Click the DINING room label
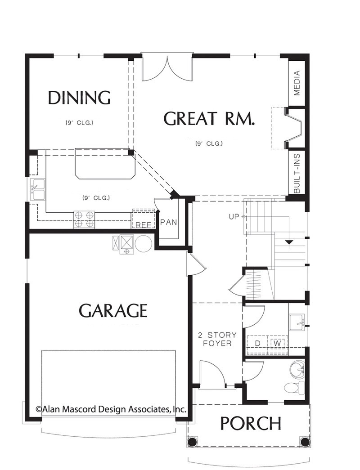pos(79,98)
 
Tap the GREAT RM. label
pos(209,118)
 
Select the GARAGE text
pos(113,310)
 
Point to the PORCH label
pos(251,423)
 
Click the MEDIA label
pos(297,83)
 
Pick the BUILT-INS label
pos(297,173)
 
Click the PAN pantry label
pos(169,223)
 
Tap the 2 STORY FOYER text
pos(217,339)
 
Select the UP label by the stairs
pos(234,216)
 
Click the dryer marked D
pos(257,343)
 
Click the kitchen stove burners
pos(84,219)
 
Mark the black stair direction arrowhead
pos(289,242)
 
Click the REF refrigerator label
pos(143,225)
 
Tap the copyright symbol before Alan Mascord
pos(38,409)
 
